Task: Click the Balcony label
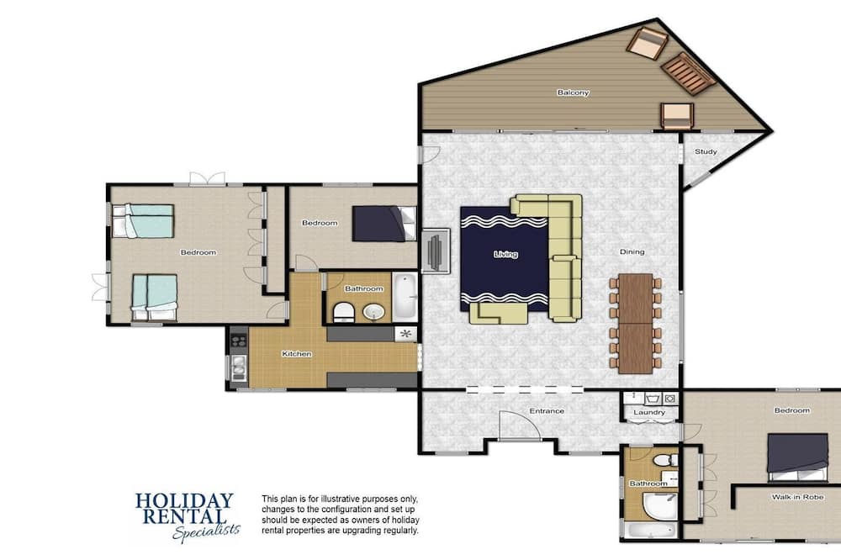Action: coord(573,92)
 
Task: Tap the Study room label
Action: coord(706,152)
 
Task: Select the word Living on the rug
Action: coord(505,254)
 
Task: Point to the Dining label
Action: coord(632,251)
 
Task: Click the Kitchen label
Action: coord(297,354)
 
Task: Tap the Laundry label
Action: coord(649,413)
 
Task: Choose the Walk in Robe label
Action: coord(797,497)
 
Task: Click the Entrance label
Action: coord(547,411)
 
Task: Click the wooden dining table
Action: coord(636,324)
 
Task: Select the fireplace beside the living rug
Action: coord(436,251)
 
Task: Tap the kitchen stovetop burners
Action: coord(239,341)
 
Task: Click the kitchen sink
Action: coord(238,368)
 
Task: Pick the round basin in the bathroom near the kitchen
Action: coord(373,312)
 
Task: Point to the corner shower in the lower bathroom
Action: coord(659,505)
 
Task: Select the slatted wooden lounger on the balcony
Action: coord(688,74)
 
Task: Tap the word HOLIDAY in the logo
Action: coord(184,501)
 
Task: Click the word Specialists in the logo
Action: coord(207,531)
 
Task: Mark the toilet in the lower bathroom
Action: coord(664,460)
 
